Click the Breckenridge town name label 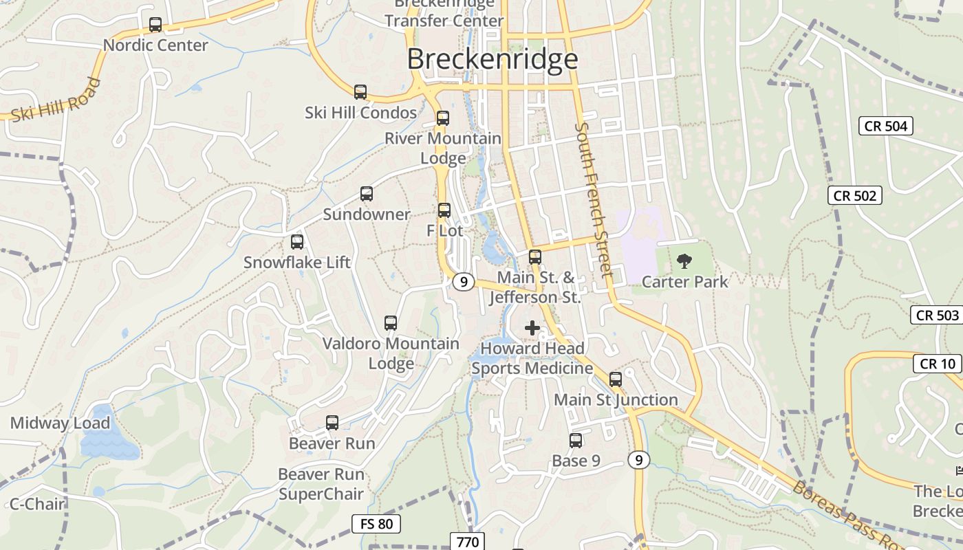[x=493, y=59]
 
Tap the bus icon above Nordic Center [x=155, y=25]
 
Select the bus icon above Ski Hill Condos [x=360, y=92]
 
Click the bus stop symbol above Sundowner [x=367, y=194]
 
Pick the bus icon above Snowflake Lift [x=297, y=242]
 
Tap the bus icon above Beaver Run [x=332, y=423]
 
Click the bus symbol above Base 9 [x=576, y=441]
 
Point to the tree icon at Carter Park [x=684, y=261]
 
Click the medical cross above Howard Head [x=532, y=328]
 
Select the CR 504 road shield [x=886, y=126]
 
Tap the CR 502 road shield [x=855, y=195]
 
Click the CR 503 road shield [x=938, y=315]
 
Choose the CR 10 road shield [x=938, y=363]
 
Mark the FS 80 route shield [x=376, y=524]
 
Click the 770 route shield [x=468, y=542]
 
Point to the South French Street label [x=594, y=199]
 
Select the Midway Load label [x=60, y=423]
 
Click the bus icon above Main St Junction [x=616, y=379]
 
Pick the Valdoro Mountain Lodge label [x=391, y=353]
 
